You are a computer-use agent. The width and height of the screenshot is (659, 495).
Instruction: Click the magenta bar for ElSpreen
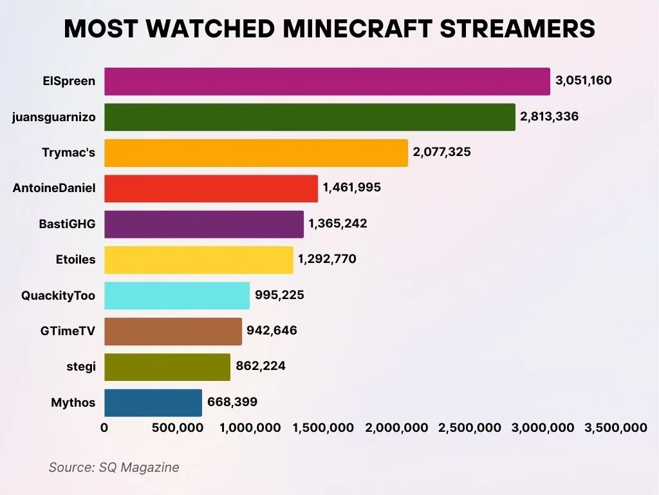click(327, 81)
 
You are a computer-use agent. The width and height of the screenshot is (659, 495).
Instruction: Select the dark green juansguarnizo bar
click(310, 117)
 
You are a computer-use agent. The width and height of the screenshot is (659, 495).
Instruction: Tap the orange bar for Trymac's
click(255, 153)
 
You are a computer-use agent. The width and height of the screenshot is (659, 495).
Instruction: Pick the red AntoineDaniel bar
click(210, 188)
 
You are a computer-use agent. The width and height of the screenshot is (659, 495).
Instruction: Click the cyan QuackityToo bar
click(176, 295)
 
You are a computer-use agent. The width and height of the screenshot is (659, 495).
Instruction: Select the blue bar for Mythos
click(153, 402)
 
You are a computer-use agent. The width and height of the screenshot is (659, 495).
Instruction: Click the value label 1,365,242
click(338, 224)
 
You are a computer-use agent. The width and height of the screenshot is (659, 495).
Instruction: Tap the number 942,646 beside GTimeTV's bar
click(272, 331)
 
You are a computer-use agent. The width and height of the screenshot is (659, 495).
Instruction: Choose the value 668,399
click(232, 402)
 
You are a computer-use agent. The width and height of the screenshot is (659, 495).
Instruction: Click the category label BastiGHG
click(67, 224)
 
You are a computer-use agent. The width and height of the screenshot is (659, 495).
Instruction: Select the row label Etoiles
click(75, 260)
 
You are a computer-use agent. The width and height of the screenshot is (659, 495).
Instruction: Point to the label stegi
click(81, 367)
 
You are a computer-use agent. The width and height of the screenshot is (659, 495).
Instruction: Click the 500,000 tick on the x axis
click(177, 428)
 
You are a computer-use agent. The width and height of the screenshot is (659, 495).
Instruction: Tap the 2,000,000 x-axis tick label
click(396, 428)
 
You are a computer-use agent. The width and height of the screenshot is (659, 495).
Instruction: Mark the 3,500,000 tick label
click(615, 428)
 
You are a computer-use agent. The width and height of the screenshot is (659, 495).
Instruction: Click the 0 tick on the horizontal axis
click(104, 428)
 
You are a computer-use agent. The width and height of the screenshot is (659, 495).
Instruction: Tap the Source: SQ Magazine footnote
click(114, 467)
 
